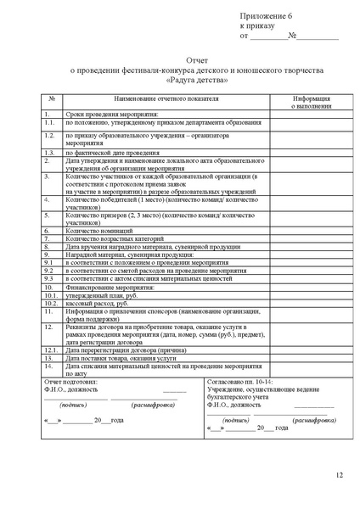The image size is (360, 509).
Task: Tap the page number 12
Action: (339, 475)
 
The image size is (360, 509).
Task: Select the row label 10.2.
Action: (50, 301)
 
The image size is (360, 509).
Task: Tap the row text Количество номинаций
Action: (98, 230)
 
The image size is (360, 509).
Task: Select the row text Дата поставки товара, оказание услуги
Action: (121, 359)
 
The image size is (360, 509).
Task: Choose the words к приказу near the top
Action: (258, 26)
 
